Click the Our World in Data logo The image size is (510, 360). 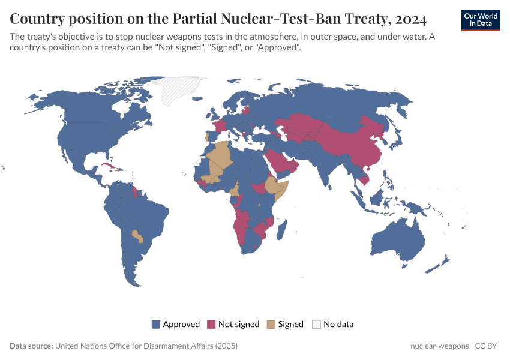click(480, 20)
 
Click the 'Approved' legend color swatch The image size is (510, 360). click(156, 324)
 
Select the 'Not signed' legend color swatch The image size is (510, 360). click(211, 324)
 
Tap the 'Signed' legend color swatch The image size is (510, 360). click(271, 324)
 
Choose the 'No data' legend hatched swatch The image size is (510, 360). click(316, 324)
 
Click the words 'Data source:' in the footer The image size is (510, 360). click(31, 346)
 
